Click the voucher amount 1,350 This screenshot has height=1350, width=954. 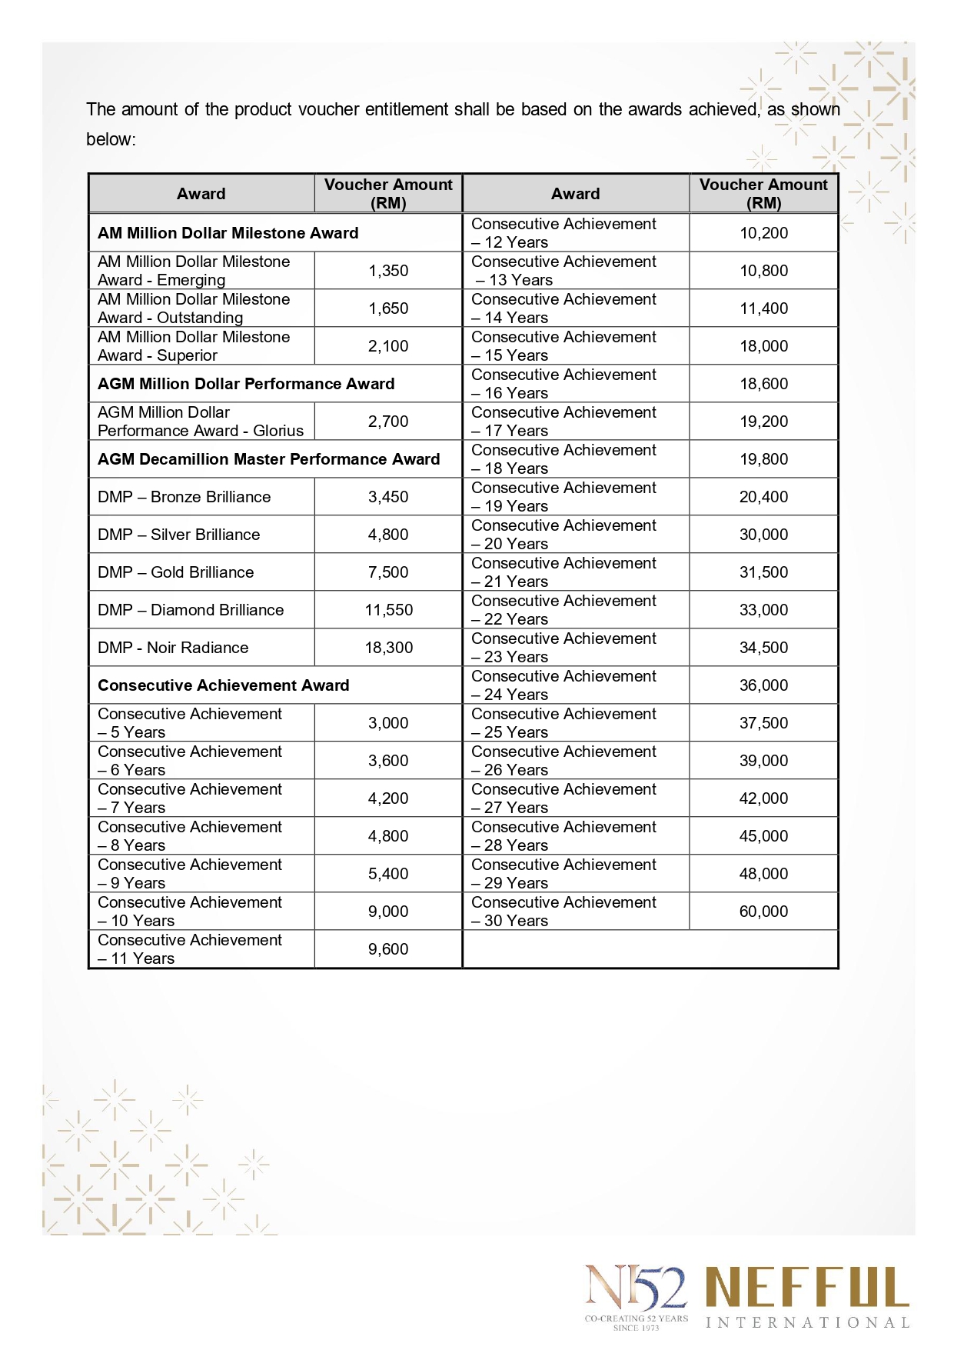[388, 271]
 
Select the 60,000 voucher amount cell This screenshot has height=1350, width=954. [763, 912]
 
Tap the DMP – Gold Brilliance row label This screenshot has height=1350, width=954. [176, 572]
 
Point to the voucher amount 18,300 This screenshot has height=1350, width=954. [388, 648]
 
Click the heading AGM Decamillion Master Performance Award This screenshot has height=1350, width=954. [268, 459]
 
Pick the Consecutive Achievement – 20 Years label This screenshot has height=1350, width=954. [563, 535]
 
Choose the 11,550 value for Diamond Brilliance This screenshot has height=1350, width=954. [388, 610]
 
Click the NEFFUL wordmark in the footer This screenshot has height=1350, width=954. [807, 1288]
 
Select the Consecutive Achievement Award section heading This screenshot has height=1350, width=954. [223, 685]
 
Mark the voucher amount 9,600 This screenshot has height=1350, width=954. [388, 949]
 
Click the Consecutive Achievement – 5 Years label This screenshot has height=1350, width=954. [190, 723]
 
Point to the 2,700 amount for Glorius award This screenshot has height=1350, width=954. [388, 422]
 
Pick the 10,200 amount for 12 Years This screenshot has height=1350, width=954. [763, 233]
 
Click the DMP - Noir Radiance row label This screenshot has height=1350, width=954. [173, 648]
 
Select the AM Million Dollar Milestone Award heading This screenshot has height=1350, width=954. [228, 233]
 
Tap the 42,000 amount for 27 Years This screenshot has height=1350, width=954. [763, 798]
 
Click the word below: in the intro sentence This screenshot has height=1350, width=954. [111, 139]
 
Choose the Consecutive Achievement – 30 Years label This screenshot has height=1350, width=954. [563, 912]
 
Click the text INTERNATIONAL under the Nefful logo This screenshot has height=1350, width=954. [807, 1323]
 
